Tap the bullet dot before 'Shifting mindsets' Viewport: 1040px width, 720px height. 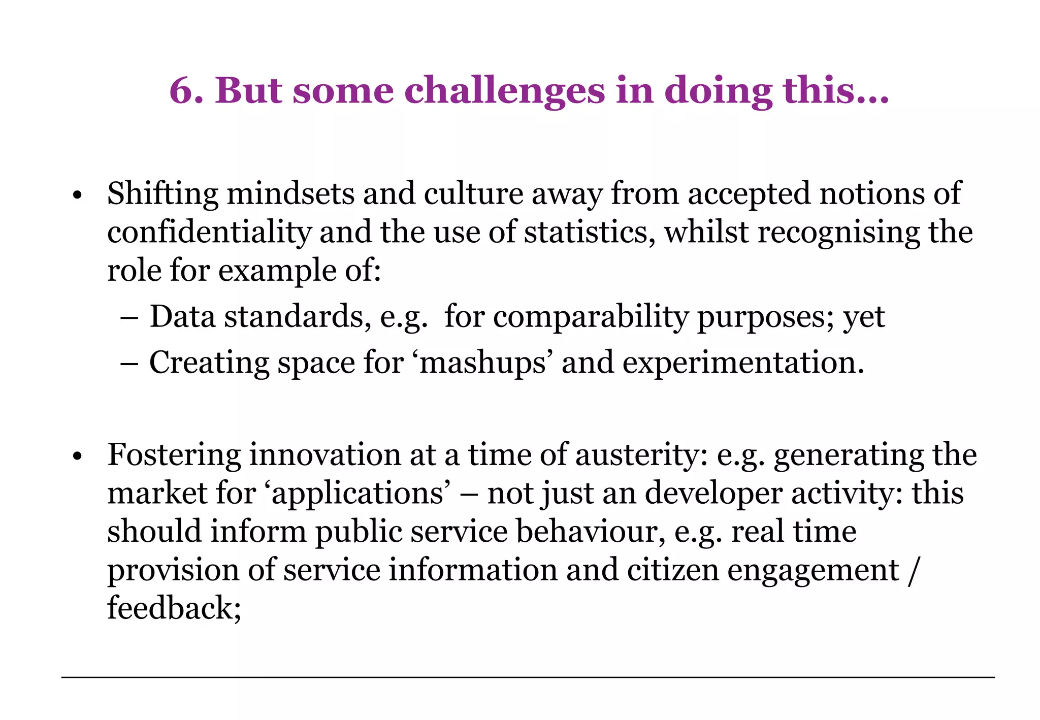pos(77,195)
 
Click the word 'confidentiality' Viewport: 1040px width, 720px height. pos(209,233)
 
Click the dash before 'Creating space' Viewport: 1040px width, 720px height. pos(130,364)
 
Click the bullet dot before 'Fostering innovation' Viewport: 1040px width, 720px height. pos(77,456)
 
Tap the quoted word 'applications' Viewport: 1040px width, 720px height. pos(357,494)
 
